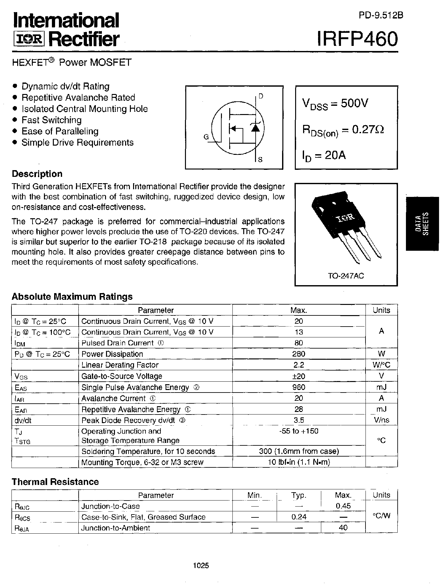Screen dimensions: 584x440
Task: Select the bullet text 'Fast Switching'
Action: click(51, 120)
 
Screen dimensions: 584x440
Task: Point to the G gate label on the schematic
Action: click(206, 137)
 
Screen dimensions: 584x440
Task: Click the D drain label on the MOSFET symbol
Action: click(261, 96)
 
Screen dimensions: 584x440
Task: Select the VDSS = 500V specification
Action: click(335, 104)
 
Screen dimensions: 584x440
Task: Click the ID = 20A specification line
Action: click(324, 156)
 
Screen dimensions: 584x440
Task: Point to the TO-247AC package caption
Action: click(346, 276)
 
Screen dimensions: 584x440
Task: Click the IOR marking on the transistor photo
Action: click(346, 218)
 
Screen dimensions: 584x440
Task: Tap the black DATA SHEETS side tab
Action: click(422, 223)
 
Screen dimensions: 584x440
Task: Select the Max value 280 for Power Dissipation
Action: click(299, 354)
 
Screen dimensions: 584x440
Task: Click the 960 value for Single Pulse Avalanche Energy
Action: click(299, 387)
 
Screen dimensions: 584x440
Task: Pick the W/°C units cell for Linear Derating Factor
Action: click(381, 365)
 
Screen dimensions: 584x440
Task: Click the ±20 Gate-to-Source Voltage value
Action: click(299, 376)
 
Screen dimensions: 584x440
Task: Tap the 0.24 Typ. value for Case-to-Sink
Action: click(299, 517)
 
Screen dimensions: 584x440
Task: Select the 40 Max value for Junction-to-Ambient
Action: click(343, 528)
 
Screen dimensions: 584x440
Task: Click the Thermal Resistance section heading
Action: click(55, 482)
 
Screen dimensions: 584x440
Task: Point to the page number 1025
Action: click(201, 566)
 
